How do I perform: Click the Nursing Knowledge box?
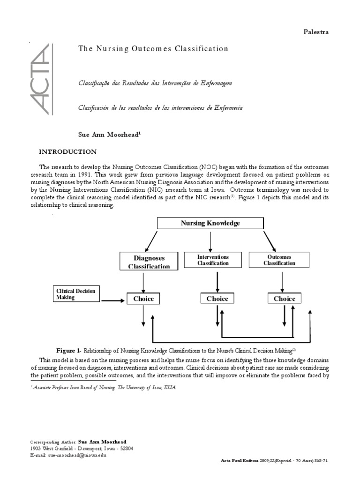click(210, 223)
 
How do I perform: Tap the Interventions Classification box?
click(213, 260)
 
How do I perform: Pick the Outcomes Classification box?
click(279, 260)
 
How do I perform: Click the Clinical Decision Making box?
click(75, 294)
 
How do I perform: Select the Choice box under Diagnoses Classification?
click(143, 299)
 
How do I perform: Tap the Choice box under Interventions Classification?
click(217, 299)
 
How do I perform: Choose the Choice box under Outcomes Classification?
click(285, 299)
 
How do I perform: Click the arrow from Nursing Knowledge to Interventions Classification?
click(210, 240)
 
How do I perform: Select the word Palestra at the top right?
click(316, 32)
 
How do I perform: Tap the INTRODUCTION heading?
click(67, 152)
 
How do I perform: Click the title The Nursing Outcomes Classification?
click(153, 49)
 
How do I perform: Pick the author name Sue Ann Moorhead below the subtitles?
click(109, 134)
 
